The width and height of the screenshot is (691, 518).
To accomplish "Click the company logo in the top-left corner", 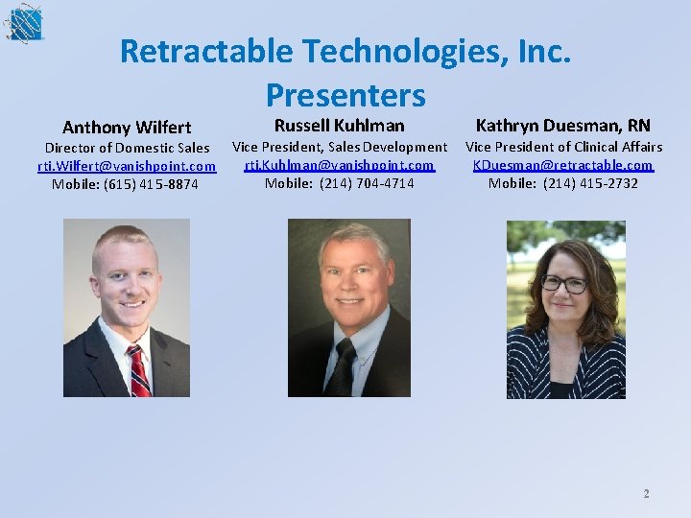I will (x=23, y=23).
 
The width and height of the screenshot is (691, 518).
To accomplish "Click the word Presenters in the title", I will (x=345, y=94).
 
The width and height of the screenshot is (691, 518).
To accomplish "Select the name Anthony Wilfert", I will (x=127, y=127).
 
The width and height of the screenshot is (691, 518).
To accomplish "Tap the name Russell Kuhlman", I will (x=340, y=125).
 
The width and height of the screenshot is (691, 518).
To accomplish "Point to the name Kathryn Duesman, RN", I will (x=563, y=125).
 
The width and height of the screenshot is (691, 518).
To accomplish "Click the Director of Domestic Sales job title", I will (x=127, y=148).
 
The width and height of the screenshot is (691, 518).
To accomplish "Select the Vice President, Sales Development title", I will (x=340, y=147).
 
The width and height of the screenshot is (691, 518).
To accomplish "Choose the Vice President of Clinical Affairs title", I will (x=563, y=147).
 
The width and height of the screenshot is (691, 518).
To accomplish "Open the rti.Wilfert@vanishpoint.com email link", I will (x=127, y=166).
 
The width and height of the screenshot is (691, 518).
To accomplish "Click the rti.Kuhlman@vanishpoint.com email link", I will (x=340, y=165).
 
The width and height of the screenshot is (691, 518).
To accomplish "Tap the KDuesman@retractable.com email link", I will (x=563, y=165).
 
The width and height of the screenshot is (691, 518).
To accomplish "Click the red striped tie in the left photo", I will (x=138, y=370).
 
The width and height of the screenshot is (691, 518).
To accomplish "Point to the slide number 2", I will (x=646, y=494).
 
